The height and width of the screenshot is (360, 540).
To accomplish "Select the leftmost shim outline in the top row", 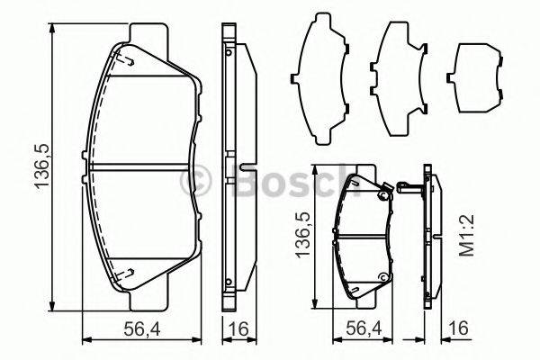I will (322, 81).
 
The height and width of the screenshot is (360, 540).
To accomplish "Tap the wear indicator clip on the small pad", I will (385, 192).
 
